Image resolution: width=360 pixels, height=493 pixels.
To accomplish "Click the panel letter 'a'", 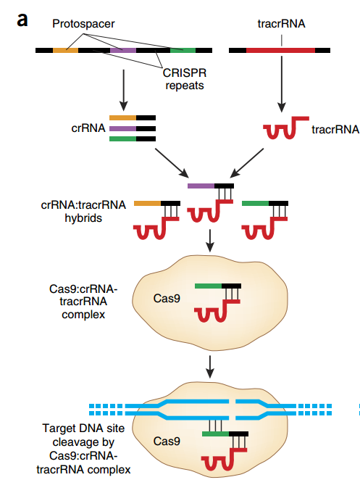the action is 22,20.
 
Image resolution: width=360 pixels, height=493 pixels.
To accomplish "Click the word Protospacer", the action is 83,24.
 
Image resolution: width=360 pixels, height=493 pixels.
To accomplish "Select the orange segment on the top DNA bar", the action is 65,50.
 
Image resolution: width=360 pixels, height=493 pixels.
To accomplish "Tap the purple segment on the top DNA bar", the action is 123,50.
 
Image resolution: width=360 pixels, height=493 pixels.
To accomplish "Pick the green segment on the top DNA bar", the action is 183,50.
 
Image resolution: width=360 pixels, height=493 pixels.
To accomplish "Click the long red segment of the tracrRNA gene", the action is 280,50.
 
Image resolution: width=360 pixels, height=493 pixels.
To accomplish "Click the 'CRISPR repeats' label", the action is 185,79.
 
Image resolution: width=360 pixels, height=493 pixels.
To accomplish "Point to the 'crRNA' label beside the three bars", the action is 88,128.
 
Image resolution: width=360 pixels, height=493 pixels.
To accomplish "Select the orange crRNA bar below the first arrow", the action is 123,118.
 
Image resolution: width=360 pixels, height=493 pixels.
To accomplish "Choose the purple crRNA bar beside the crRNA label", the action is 123,128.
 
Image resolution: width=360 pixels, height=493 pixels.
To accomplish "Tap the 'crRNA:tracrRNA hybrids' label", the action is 83,211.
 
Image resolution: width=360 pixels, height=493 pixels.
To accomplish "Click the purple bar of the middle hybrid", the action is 201,186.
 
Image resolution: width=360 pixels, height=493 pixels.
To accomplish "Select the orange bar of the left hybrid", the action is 147,204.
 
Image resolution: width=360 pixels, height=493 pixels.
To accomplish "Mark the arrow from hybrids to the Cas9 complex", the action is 210,241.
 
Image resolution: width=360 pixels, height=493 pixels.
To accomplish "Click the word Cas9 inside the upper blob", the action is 167,299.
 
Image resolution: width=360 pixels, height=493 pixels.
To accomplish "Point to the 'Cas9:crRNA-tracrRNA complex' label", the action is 83,302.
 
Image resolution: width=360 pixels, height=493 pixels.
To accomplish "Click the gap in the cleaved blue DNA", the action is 232,409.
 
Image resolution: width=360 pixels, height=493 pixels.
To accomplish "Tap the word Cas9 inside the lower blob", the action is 167,441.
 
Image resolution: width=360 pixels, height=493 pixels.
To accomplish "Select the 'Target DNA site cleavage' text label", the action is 83,435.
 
